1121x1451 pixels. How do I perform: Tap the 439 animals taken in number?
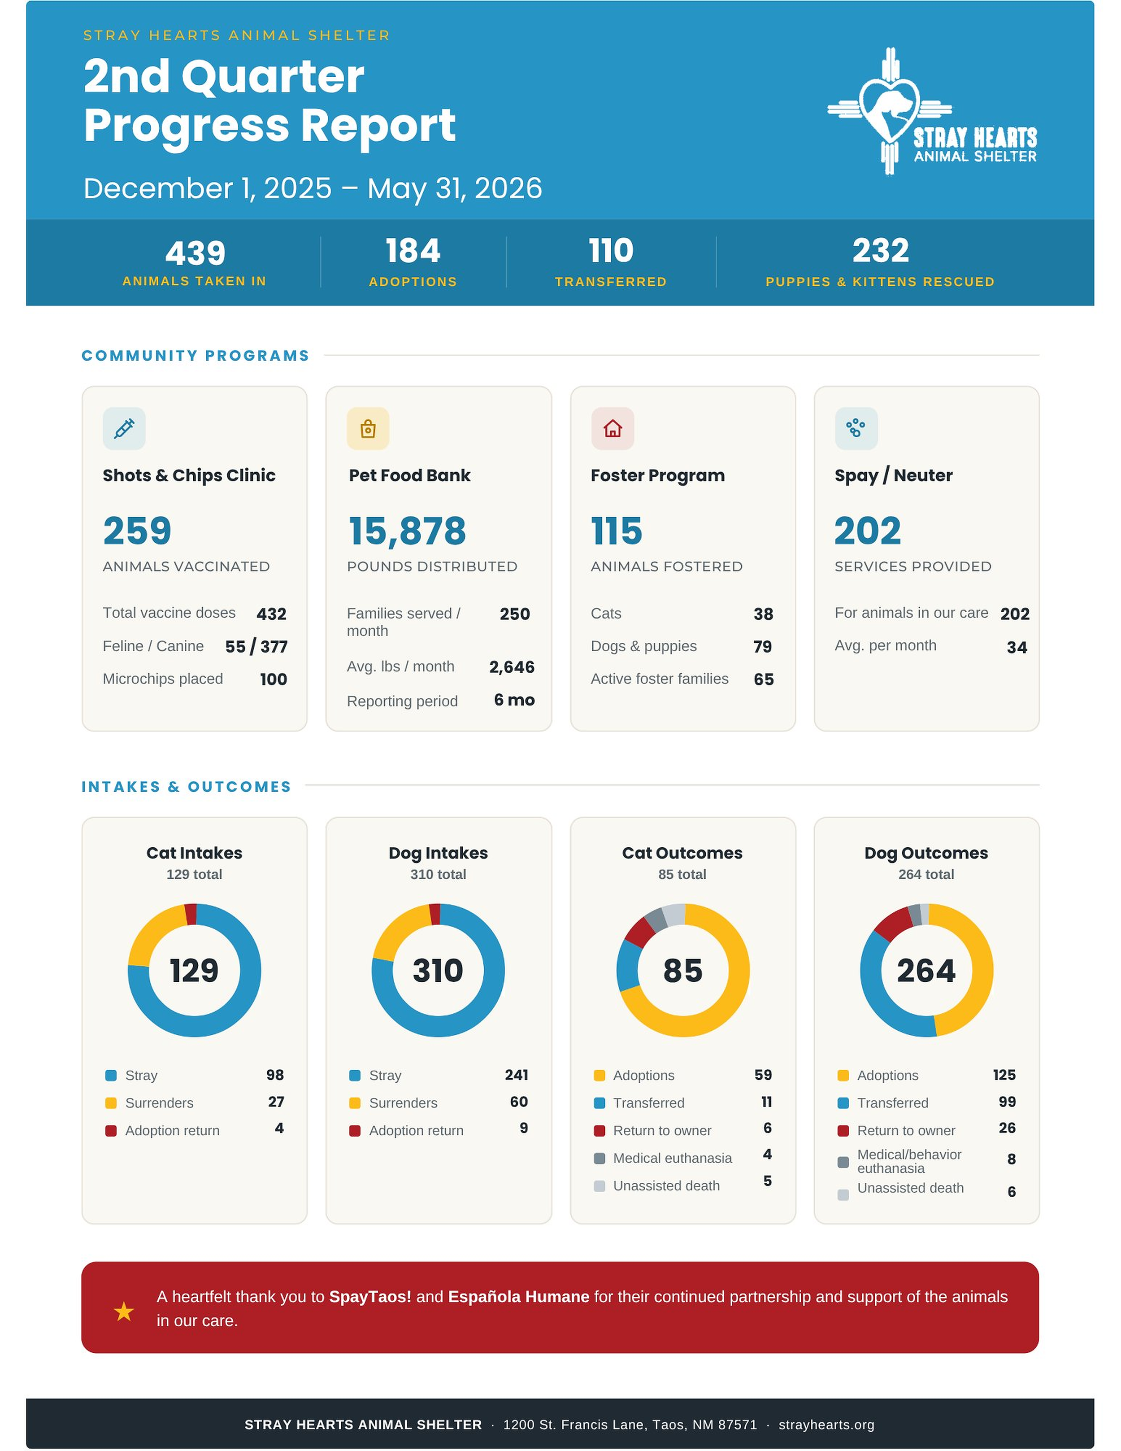(195, 253)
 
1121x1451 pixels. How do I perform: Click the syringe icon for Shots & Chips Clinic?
(124, 428)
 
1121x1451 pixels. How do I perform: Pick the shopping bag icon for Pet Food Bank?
(368, 428)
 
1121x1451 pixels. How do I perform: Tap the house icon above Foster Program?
(613, 428)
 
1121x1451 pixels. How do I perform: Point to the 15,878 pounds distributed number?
(407, 531)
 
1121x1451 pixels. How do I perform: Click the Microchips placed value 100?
(273, 679)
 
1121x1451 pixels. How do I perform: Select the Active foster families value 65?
(764, 679)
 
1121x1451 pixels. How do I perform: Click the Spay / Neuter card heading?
(893, 476)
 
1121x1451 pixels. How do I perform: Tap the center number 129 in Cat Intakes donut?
(194, 971)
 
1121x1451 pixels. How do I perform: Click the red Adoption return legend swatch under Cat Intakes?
(111, 1131)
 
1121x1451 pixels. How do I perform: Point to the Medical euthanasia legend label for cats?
(672, 1158)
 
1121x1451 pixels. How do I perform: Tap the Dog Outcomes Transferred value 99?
(1007, 1102)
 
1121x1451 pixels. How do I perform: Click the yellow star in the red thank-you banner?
(123, 1312)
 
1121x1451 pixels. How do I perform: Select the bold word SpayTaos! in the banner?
(370, 1297)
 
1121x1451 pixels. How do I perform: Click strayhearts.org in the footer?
(826, 1425)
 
